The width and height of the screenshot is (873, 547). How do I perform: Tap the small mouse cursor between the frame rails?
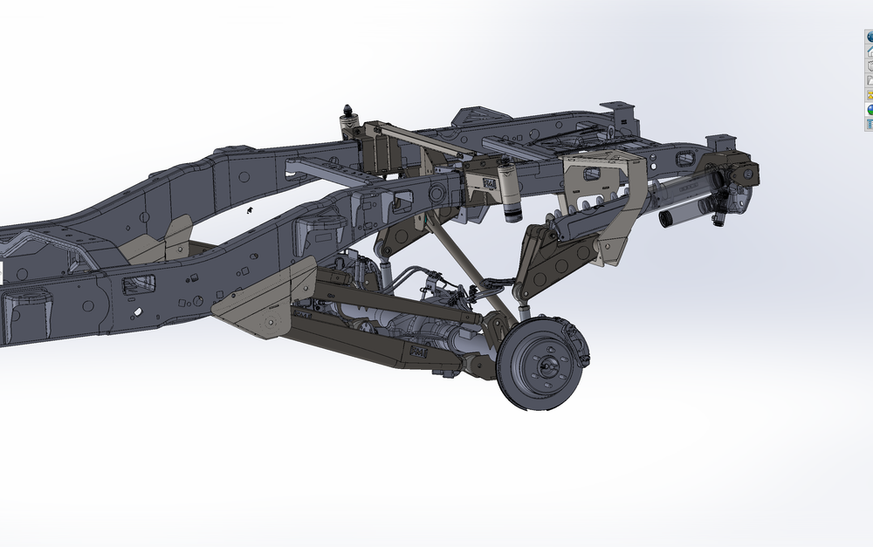coord(249,210)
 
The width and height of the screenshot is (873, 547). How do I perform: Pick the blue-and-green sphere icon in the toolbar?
coord(870,109)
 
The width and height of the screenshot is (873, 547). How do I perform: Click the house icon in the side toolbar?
coord(870,51)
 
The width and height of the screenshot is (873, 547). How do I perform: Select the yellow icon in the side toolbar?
coord(870,94)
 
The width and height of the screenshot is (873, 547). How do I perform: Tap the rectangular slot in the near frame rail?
coord(140,284)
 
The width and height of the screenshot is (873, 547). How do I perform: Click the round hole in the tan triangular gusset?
coord(272,323)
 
